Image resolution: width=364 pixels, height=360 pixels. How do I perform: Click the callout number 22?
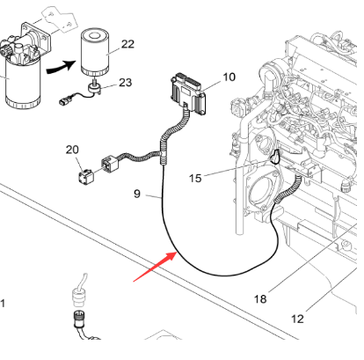pos(127,43)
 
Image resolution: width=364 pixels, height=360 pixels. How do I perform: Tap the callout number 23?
pos(126,83)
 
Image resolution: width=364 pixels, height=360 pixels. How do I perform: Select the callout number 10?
pos(229,77)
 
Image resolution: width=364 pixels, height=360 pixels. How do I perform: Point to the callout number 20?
pos(72,149)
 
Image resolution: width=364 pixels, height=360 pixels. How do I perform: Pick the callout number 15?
pos(196,179)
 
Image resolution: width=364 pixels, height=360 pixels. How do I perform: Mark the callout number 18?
pos(260,299)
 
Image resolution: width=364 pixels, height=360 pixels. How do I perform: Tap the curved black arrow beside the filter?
pos(59,62)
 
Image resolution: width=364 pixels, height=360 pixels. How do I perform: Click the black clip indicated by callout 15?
pos(275,157)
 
